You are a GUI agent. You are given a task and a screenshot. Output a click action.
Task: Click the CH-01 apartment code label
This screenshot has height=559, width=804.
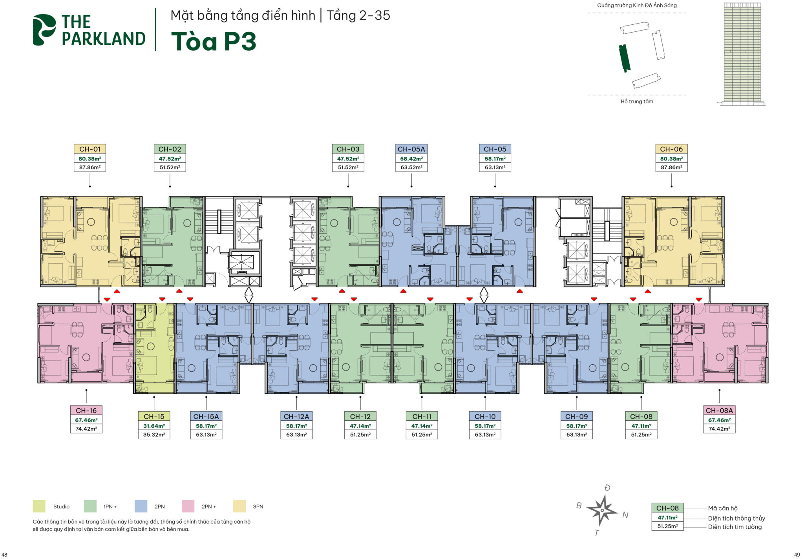(x=90, y=149)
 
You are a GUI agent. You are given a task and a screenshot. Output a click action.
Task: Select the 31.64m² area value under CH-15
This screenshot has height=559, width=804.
(x=154, y=426)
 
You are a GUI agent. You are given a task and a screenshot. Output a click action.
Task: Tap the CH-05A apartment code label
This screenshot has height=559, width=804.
(x=411, y=149)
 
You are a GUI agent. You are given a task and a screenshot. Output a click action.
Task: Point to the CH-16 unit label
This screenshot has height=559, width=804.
(x=86, y=411)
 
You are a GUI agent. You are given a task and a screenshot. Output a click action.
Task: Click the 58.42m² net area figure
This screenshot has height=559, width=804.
(x=411, y=159)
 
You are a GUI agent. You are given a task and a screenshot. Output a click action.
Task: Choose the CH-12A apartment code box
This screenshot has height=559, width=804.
(x=296, y=417)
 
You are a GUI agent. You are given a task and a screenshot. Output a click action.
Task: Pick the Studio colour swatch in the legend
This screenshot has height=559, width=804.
(x=39, y=506)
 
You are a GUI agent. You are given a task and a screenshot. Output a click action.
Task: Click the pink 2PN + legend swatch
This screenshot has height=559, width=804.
(x=188, y=506)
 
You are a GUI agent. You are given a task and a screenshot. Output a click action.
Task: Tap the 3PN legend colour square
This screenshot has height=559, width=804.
(x=239, y=506)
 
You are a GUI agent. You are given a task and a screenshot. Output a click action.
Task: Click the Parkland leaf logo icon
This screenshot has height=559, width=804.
(x=44, y=30)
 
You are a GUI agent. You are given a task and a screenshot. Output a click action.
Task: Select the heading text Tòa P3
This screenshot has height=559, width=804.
(x=214, y=41)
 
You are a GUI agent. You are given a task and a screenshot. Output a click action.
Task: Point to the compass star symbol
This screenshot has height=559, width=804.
(x=602, y=510)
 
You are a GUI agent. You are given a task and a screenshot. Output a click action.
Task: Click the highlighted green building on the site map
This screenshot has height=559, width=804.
(x=625, y=58)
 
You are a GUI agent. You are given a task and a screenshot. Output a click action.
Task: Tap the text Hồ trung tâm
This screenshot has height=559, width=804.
(x=637, y=101)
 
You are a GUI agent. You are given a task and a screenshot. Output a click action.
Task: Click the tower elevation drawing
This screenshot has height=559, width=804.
(x=742, y=54)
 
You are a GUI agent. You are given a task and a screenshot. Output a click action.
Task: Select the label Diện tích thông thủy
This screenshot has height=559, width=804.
(x=736, y=518)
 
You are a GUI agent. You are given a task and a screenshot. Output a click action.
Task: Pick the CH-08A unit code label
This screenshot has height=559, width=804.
(x=719, y=411)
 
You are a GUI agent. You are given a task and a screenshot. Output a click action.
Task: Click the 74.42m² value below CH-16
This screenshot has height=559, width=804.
(x=86, y=429)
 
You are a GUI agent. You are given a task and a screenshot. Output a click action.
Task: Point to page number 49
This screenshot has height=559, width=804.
(x=797, y=555)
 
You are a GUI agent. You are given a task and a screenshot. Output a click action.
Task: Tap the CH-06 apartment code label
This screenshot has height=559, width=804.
(x=671, y=149)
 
